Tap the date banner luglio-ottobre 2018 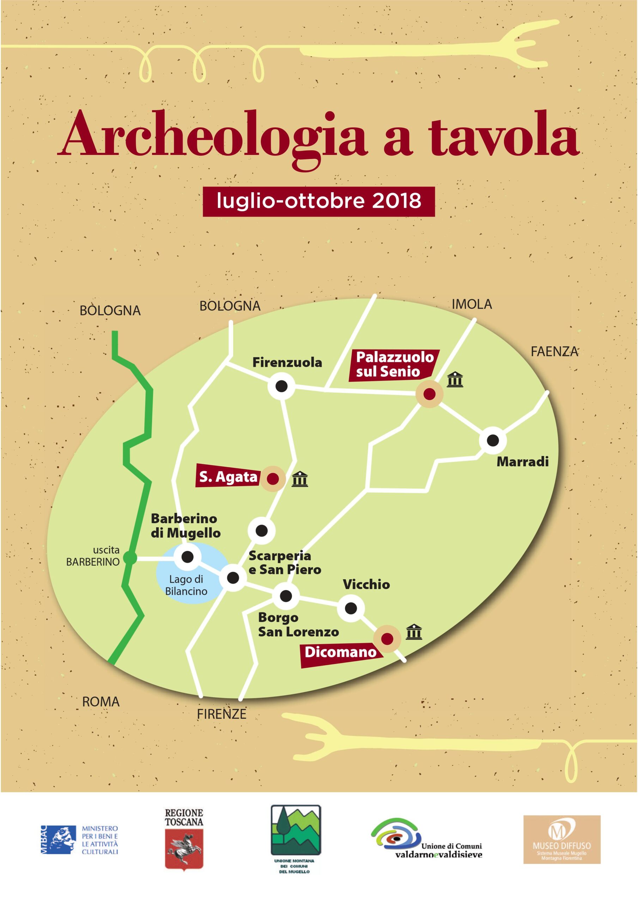click(x=318, y=201)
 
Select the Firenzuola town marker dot click(x=281, y=386)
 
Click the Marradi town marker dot click(x=492, y=440)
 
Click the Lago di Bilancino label click(x=186, y=585)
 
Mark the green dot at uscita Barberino click(x=130, y=557)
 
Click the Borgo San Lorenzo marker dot click(x=286, y=596)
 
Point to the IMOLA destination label click(x=472, y=304)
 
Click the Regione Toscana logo click(x=184, y=844)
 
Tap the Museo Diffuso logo click(x=562, y=844)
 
